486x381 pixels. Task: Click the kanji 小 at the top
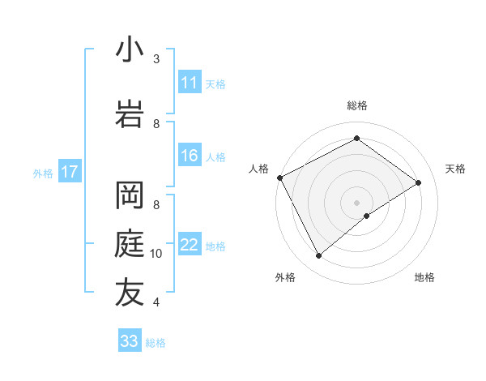[x=130, y=49]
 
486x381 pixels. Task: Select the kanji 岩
[x=130, y=114]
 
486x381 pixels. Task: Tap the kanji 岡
[x=130, y=195]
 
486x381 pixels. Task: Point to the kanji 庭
[x=130, y=244]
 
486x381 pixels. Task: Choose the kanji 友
[x=130, y=293]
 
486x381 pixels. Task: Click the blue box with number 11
[x=190, y=83]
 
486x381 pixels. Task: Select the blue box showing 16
[x=190, y=156]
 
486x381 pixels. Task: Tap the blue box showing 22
[x=190, y=246]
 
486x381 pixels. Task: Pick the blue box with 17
[x=70, y=172]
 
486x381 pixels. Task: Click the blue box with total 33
[x=129, y=341]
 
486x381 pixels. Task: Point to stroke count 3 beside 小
[x=156, y=59]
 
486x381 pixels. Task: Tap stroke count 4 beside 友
[x=156, y=302]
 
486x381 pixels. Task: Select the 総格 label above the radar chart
[x=356, y=105]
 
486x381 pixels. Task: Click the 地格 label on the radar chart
[x=424, y=277]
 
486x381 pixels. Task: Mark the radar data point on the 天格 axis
[x=419, y=182]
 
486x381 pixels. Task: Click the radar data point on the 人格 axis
[x=279, y=178]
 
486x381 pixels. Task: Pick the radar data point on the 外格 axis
[x=318, y=256]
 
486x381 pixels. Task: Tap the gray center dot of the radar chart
[x=356, y=202]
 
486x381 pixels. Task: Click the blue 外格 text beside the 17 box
[x=43, y=173]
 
